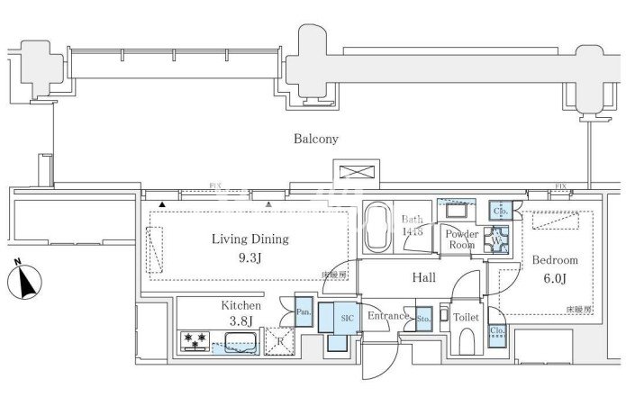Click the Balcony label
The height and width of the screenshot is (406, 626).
315,140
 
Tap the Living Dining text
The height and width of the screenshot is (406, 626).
249,239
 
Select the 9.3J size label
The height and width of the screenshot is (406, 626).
249,258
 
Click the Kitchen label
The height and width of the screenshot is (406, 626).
240,306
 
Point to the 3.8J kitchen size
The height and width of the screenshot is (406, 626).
240,321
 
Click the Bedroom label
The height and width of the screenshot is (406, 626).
555,260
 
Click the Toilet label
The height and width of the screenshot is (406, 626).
465,318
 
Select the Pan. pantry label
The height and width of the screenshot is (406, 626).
304,314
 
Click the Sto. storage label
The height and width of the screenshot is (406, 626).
422,318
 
